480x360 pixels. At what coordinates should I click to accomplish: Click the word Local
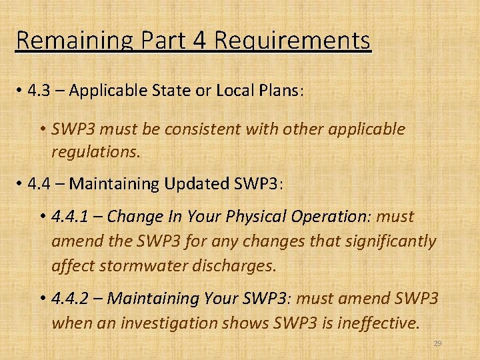point(237,91)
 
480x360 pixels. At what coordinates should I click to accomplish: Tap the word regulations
point(96,153)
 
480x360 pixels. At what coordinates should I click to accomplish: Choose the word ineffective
point(380,323)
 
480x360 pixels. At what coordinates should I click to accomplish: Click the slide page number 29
point(437,344)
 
